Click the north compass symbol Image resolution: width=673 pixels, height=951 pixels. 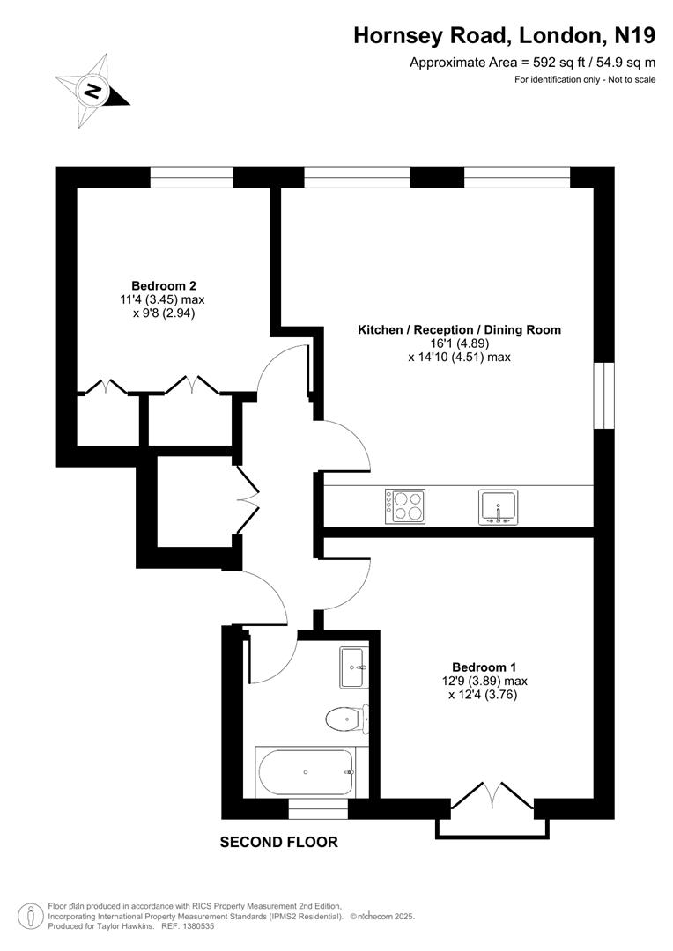(x=92, y=90)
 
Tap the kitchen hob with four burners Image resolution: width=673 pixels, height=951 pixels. (x=404, y=506)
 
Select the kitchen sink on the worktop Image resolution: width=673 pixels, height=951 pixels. (x=499, y=507)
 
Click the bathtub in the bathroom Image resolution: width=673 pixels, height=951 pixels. (x=305, y=771)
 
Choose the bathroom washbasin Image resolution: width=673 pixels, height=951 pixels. (x=352, y=667)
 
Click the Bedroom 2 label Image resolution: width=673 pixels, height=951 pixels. (x=163, y=285)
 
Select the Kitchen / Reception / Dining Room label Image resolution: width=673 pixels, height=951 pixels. (x=458, y=330)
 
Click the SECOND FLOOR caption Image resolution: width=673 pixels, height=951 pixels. (x=278, y=843)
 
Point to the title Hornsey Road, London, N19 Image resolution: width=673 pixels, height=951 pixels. (x=504, y=35)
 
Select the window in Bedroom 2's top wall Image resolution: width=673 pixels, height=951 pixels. (x=191, y=178)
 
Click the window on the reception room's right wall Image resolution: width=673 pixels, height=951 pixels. (x=603, y=395)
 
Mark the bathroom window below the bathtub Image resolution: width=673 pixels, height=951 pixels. (x=318, y=808)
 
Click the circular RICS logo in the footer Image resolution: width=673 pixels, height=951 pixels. (x=31, y=916)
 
